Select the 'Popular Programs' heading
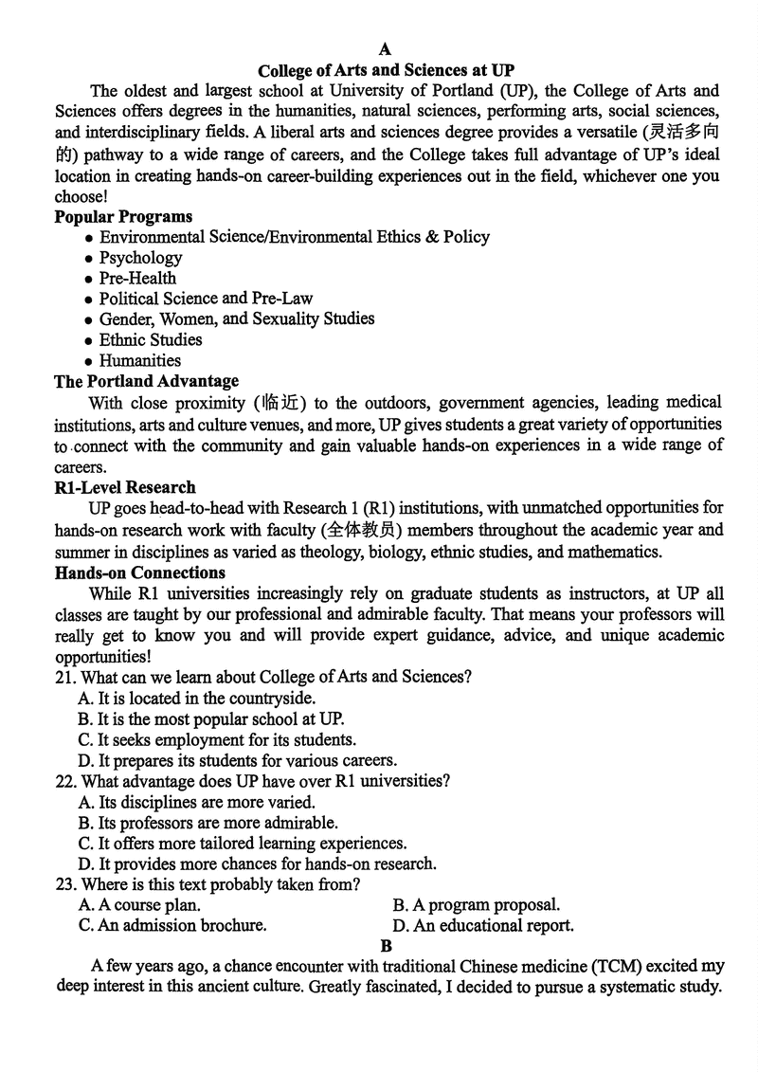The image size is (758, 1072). coord(123,217)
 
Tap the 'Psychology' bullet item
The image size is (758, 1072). coord(140,258)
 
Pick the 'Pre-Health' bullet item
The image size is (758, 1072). coord(137,279)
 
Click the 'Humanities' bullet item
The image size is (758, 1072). coord(139,360)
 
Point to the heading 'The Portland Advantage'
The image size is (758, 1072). coord(147,381)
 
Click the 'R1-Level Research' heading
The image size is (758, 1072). coord(125,487)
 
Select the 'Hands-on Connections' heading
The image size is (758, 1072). coord(140,572)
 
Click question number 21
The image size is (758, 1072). coord(65,677)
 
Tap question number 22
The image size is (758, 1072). coord(65,782)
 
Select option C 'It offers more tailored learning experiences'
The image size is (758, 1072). coord(243,843)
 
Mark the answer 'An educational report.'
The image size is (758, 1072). coord(483,925)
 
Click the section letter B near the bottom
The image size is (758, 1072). coord(386,946)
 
